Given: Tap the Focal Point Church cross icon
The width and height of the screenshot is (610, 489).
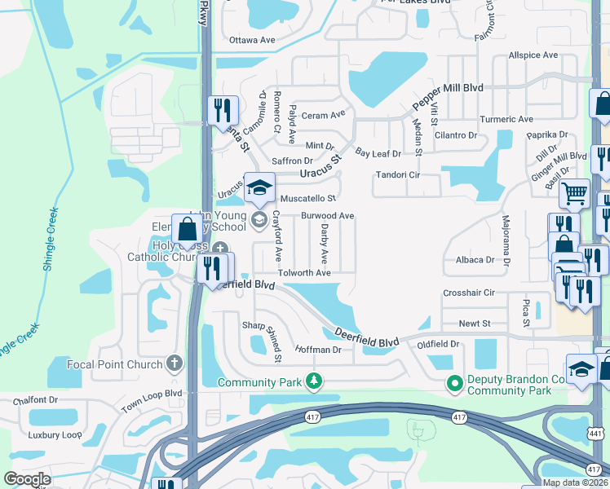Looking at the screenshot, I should point(173,363).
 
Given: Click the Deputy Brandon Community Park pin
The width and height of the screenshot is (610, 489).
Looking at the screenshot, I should point(453,381).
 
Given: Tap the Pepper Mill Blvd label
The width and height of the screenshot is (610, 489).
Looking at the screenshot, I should point(448,97).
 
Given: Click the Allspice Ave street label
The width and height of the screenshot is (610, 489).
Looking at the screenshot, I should point(533,55).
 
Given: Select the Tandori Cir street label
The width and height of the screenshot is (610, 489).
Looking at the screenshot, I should point(397,174).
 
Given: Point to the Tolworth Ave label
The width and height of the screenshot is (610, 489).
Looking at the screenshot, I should point(304,273).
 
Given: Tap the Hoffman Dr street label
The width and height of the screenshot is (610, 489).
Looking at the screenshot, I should point(318,350).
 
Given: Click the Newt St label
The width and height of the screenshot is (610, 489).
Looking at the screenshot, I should point(474,324).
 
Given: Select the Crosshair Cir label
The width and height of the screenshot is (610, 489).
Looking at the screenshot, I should point(469,293).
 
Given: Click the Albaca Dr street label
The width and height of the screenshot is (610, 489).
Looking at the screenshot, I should point(474,260).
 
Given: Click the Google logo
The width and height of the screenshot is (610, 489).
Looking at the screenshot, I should point(27,479).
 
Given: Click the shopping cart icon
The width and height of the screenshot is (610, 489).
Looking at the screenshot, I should point(574,194).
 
